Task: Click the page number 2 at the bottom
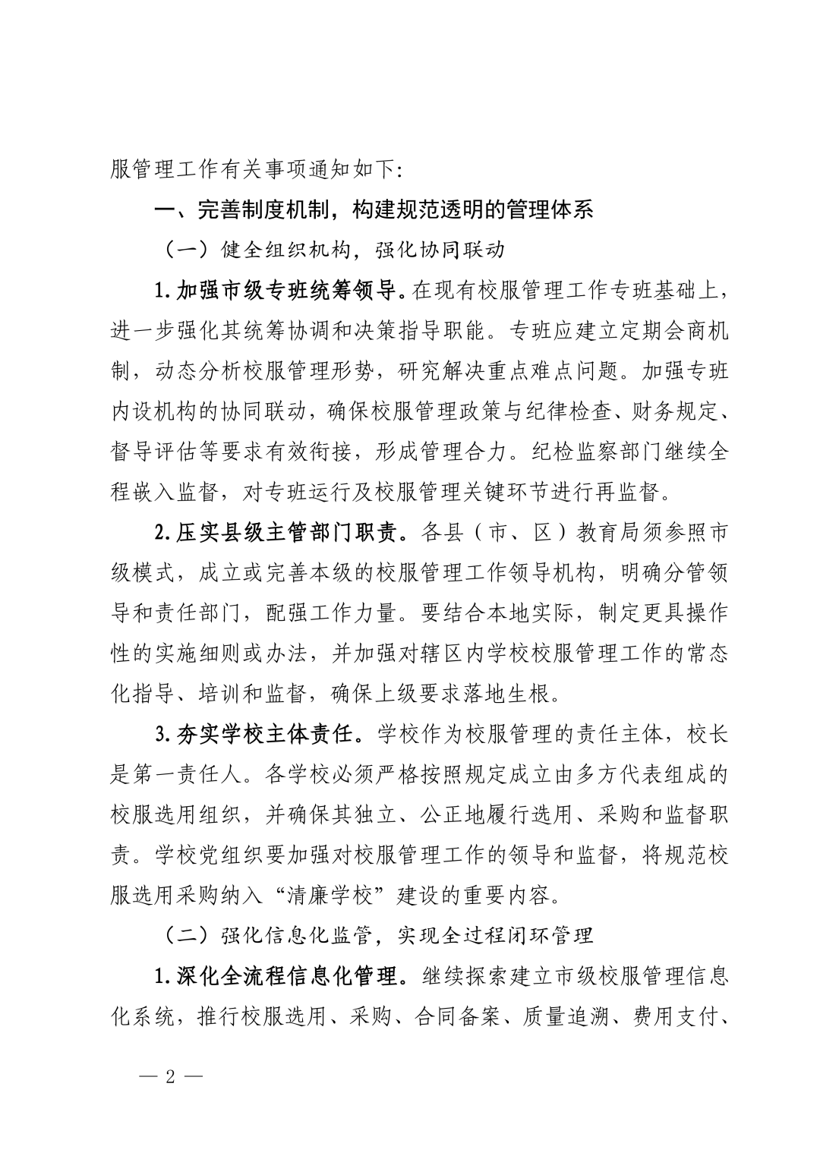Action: [x=170, y=1078]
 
